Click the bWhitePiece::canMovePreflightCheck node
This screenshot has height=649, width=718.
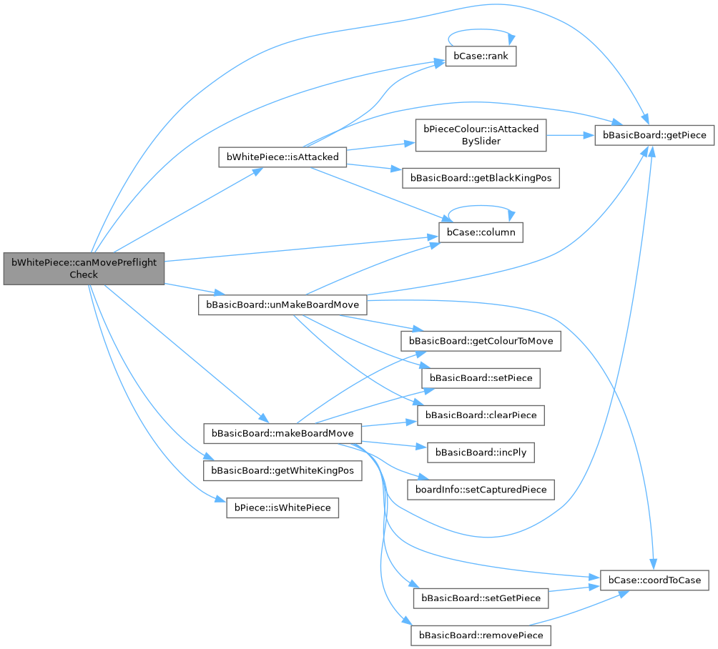point(84,268)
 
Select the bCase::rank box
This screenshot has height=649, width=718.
point(481,56)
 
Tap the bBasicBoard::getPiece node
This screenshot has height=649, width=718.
point(654,134)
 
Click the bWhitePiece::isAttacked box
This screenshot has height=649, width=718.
point(282,157)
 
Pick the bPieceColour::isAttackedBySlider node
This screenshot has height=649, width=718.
point(481,135)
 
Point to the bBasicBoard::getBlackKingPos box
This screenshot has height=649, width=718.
point(481,179)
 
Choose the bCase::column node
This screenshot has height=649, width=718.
point(481,232)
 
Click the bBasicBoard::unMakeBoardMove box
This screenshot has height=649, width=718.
point(282,304)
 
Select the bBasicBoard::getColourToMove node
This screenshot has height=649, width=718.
point(481,341)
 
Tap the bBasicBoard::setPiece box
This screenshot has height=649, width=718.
point(481,377)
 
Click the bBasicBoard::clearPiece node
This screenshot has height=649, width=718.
point(481,415)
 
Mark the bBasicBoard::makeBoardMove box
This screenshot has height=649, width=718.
point(282,433)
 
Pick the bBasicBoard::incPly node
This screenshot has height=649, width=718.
point(481,452)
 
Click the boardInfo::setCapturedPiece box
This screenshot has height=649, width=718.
point(481,490)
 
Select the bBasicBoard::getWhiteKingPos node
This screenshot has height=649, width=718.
point(282,471)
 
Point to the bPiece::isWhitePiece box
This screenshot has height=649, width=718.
point(282,508)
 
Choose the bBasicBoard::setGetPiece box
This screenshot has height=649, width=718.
point(481,597)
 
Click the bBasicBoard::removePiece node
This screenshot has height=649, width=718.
point(481,635)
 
